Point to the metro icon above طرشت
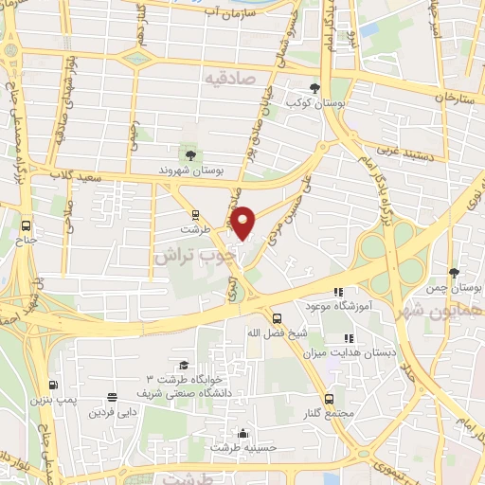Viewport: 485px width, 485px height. [x=195, y=214]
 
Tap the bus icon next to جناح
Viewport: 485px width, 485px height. [x=26, y=226]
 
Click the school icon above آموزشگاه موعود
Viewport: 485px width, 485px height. [x=338, y=292]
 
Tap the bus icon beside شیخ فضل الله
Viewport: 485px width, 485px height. [x=277, y=317]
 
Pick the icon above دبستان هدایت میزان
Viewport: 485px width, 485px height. [x=350, y=337]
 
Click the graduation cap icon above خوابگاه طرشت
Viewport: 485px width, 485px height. [x=183, y=365]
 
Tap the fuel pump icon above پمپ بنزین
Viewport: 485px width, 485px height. [x=53, y=385]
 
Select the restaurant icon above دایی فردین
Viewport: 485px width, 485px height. [x=113, y=398]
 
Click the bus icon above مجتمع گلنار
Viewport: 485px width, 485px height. [x=329, y=398]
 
